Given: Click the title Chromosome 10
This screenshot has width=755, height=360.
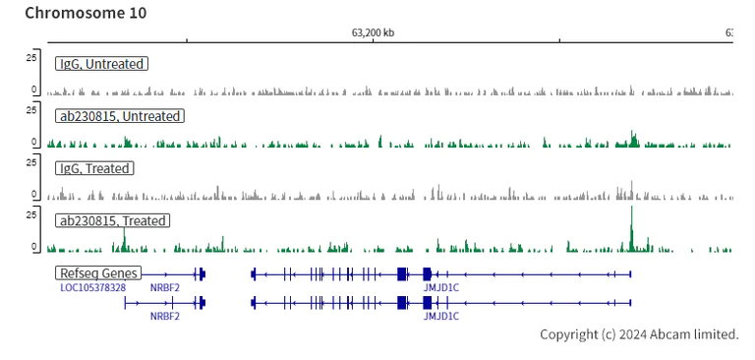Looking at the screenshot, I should [86, 13].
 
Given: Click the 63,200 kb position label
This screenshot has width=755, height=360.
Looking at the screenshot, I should [373, 32].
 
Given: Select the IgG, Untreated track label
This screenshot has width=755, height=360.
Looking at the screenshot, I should [101, 64].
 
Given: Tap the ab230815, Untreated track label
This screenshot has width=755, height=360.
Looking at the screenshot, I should [120, 116].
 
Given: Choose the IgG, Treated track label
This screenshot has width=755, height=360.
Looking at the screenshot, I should [94, 168].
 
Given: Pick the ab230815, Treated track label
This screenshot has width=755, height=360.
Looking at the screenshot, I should [113, 220].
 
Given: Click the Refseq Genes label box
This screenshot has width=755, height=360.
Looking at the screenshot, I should [98, 272].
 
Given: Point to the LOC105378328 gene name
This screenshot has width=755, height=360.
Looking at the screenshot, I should [92, 287].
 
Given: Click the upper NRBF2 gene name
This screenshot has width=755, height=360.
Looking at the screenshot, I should [164, 287].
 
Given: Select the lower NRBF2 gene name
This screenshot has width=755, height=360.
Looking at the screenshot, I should [164, 317].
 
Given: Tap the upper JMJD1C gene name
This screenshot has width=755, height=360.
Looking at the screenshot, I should [440, 287].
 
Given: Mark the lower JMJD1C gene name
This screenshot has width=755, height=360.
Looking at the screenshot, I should [440, 317].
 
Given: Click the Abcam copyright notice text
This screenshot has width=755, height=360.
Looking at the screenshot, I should [639, 334].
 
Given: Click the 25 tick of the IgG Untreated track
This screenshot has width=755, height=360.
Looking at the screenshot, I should [30, 57].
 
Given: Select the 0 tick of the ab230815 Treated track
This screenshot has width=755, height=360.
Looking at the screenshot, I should [33, 246].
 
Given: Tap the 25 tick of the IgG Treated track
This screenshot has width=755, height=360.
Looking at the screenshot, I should [30, 161].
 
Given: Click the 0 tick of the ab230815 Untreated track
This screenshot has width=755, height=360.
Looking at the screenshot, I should [33, 142].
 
